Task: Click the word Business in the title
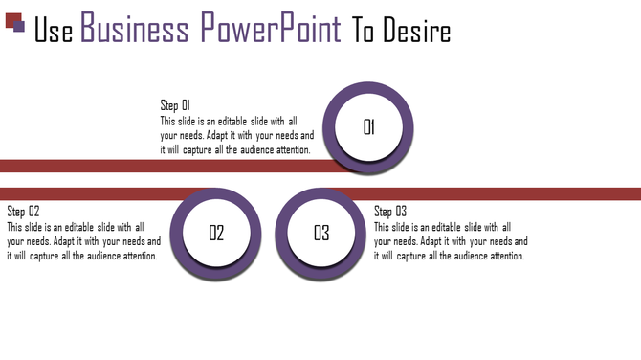(134, 30)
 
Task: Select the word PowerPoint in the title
(271, 30)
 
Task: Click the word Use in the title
(54, 31)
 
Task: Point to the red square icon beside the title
(11, 20)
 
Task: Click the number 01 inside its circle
(369, 127)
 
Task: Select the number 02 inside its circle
(216, 233)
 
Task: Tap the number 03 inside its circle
(321, 233)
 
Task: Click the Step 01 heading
(176, 105)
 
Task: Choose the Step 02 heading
(24, 211)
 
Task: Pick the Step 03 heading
(390, 211)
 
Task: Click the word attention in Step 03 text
(501, 256)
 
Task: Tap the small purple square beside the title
(19, 27)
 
